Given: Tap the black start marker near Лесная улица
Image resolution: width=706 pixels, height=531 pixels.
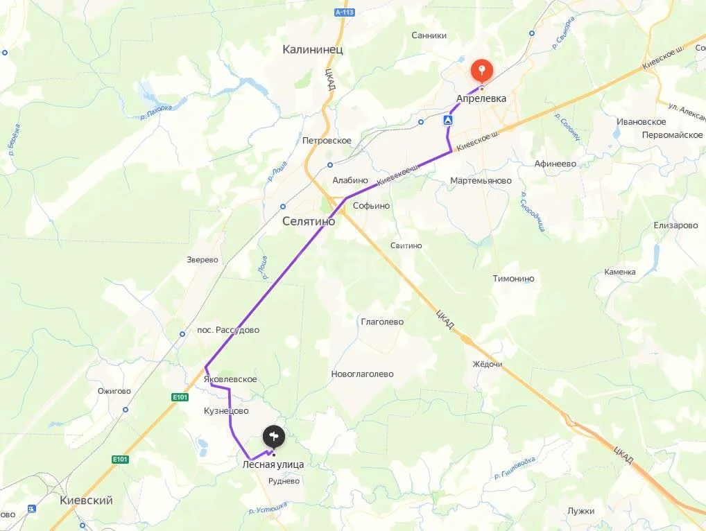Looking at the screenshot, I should coord(274,436).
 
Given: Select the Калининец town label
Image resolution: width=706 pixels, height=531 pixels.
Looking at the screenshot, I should coord(313,50).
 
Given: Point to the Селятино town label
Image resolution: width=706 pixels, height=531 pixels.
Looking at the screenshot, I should coord(309,222).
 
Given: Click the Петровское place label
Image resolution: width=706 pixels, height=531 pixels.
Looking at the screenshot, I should coord(327,141).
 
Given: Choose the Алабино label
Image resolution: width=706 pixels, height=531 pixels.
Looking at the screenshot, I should coord(350,180).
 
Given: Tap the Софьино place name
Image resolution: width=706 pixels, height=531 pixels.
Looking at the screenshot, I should coord(371,206).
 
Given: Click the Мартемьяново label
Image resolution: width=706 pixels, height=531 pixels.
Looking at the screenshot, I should coord(481,181).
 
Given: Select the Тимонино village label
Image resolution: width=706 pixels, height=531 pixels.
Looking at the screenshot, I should coord(513,279).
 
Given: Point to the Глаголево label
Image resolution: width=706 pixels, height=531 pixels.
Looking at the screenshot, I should coord(382,322).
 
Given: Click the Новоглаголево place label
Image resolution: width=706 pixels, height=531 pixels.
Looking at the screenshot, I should coord(362,374).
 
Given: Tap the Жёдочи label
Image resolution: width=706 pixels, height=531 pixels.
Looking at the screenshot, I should coord(487,365).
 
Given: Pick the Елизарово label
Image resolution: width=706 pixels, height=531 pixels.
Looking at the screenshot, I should coord(675,226).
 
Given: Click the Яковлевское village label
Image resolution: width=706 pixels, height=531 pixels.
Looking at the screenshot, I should coord(231,379).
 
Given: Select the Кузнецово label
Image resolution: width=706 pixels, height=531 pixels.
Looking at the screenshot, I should coord(226,411).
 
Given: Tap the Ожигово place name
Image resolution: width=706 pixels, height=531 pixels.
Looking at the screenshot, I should coord(114,391).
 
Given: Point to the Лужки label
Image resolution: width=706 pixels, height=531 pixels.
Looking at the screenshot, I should coord(580,511).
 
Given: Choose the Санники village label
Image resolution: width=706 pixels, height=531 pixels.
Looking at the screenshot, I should coord(429,35).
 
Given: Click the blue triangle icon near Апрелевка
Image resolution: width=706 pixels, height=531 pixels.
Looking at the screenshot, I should coord(449,121).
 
